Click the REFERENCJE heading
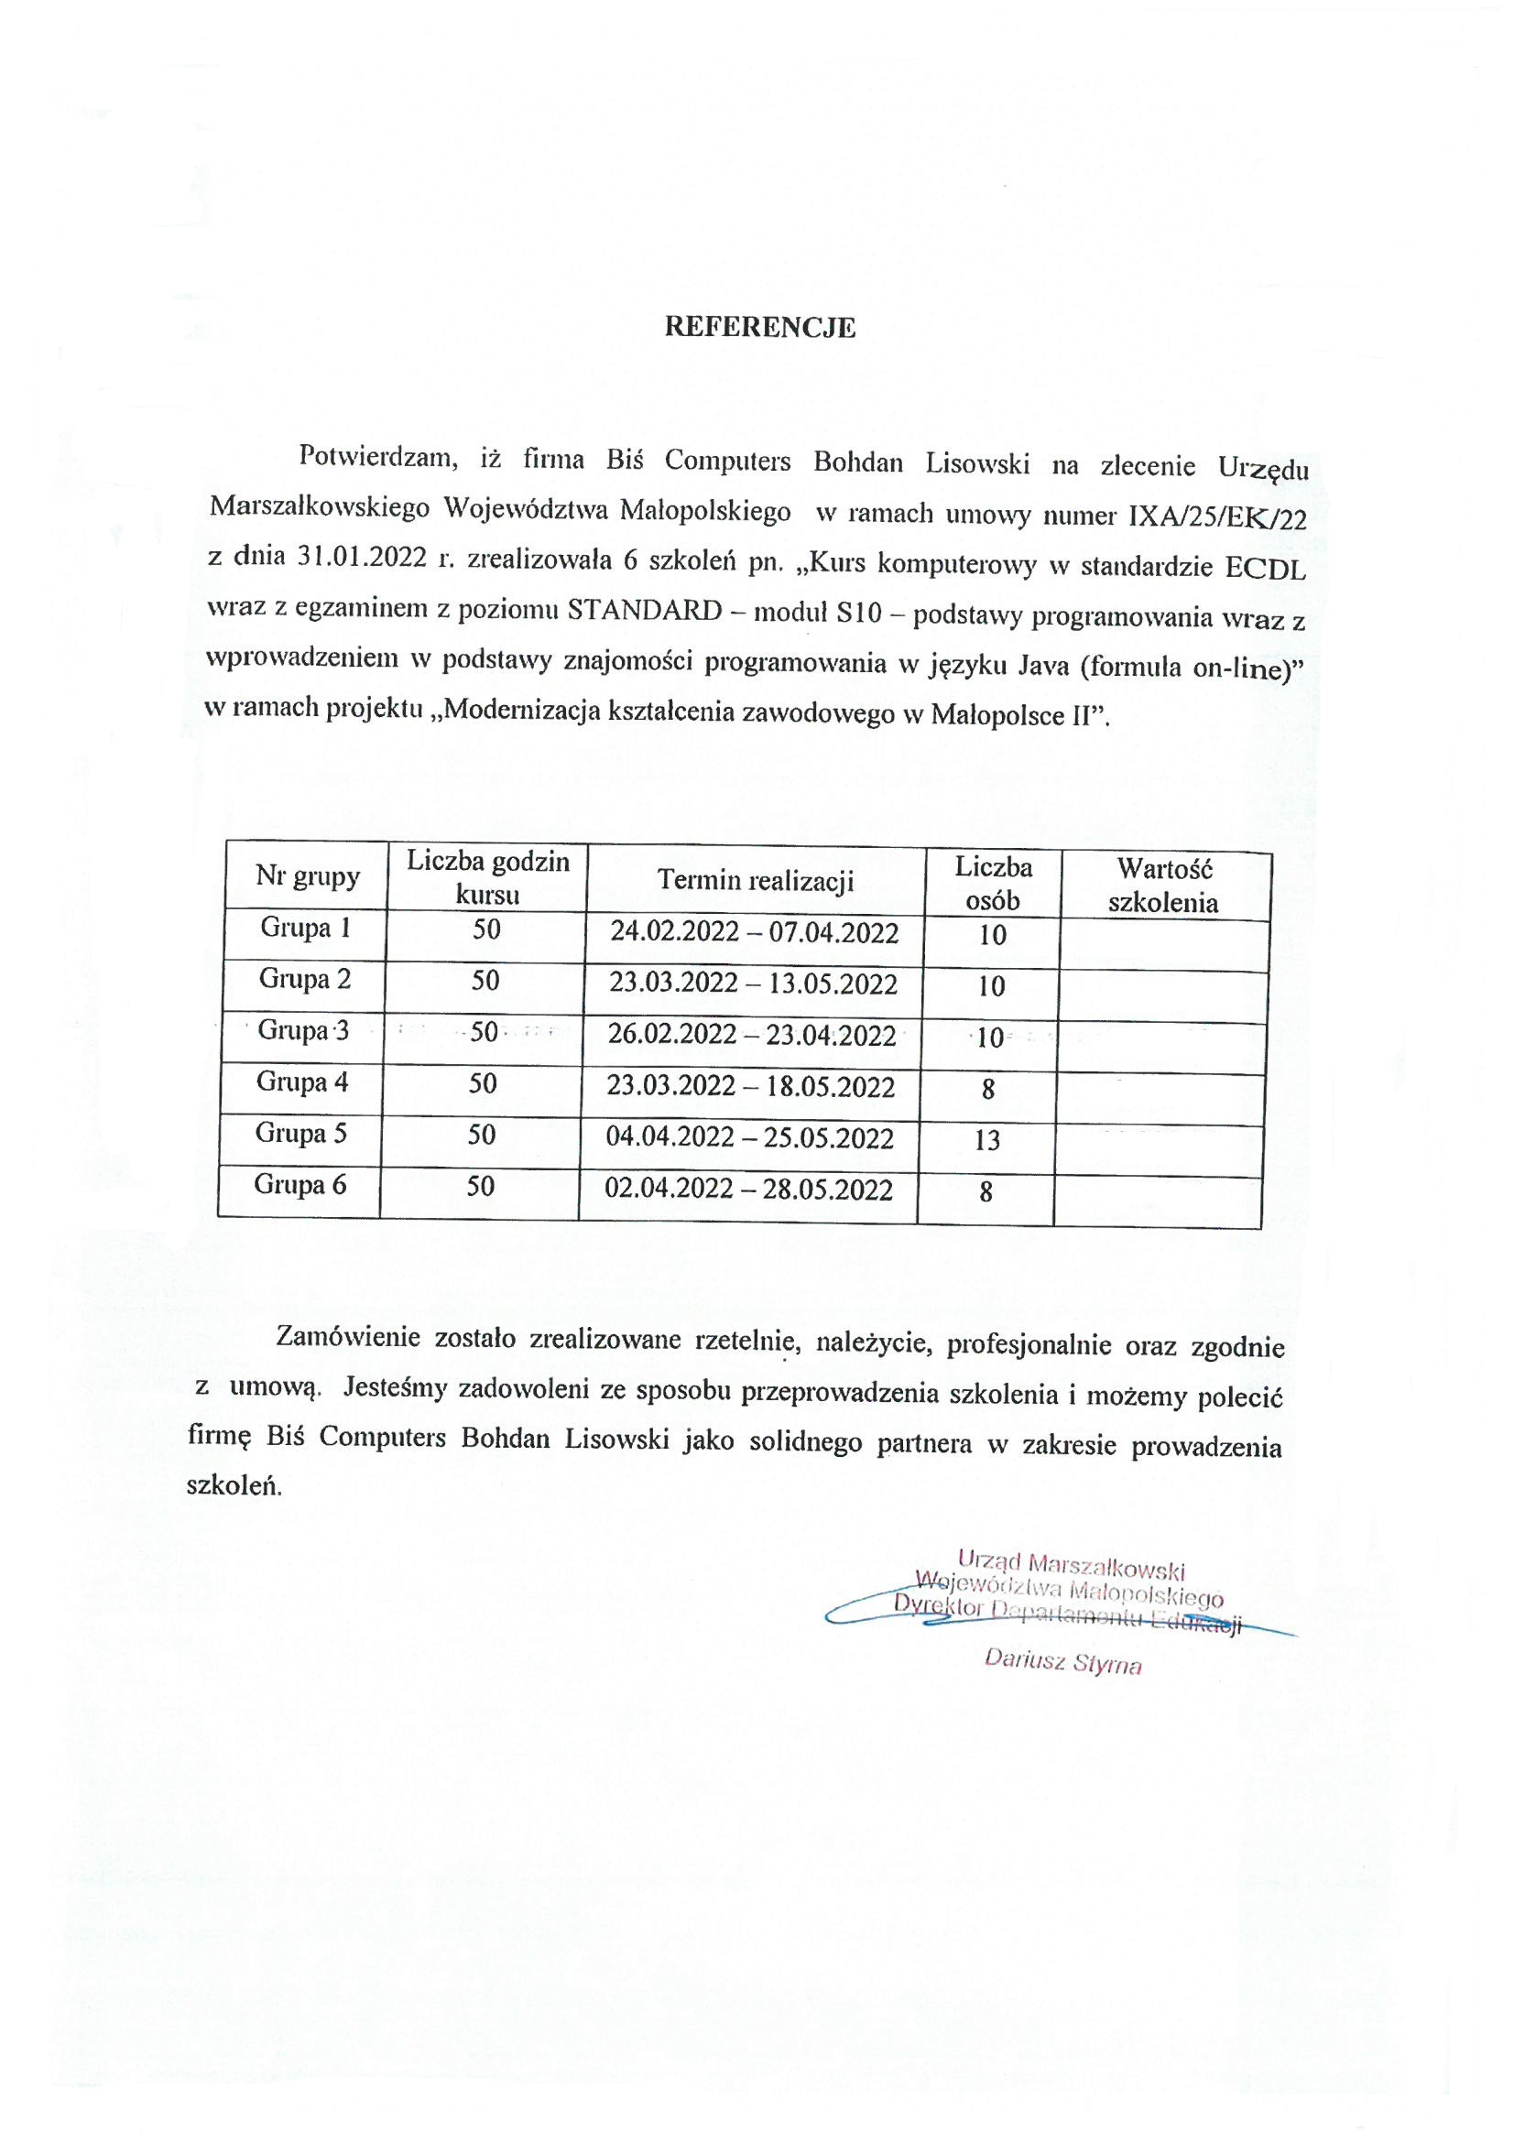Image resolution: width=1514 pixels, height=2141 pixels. [758, 327]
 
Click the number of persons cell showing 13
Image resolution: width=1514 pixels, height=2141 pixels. [987, 1139]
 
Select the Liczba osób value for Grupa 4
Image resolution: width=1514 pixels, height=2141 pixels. [988, 1088]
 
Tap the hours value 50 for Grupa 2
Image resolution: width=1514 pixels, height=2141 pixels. [485, 980]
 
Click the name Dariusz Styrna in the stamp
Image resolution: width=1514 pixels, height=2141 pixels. [1062, 1662]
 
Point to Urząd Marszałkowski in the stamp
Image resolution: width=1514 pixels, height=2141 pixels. [1070, 1562]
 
